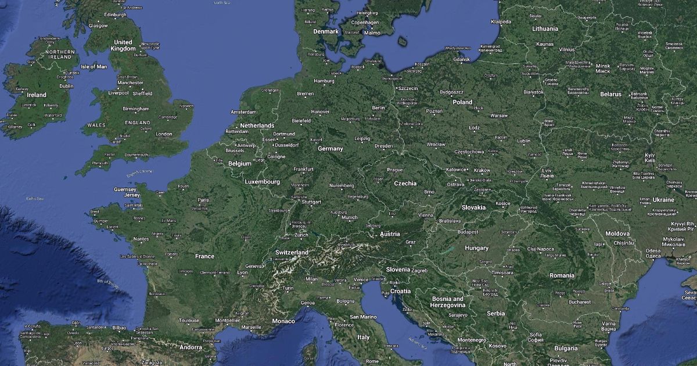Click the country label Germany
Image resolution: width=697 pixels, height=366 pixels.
click(x=330, y=149)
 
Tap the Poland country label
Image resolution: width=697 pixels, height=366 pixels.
click(x=462, y=102)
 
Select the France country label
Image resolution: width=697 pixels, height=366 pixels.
click(x=204, y=256)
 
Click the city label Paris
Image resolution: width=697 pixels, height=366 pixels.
click(x=203, y=200)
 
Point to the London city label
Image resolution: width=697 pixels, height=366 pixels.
click(x=164, y=134)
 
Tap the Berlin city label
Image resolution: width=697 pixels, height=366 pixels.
click(x=378, y=108)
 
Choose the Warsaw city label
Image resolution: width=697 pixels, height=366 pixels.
click(x=499, y=116)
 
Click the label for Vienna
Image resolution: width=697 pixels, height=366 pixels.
click(x=426, y=215)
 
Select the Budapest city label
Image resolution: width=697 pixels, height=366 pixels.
click(x=468, y=232)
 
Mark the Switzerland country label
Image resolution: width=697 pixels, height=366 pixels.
click(x=292, y=253)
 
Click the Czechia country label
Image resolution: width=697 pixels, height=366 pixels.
click(x=405, y=183)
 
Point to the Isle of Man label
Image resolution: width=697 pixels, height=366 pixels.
click(x=94, y=67)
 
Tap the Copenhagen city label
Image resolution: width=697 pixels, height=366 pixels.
click(x=365, y=23)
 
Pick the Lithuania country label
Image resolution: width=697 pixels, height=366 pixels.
click(x=545, y=28)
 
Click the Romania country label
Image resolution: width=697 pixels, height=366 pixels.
click(x=562, y=275)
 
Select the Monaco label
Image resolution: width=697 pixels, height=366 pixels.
click(x=283, y=321)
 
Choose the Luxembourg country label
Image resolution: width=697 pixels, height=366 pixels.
click(x=263, y=182)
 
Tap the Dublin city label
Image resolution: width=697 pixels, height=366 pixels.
click(x=66, y=86)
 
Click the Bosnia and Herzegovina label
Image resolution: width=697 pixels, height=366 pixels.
click(x=448, y=302)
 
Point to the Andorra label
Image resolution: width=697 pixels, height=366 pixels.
click(x=191, y=347)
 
